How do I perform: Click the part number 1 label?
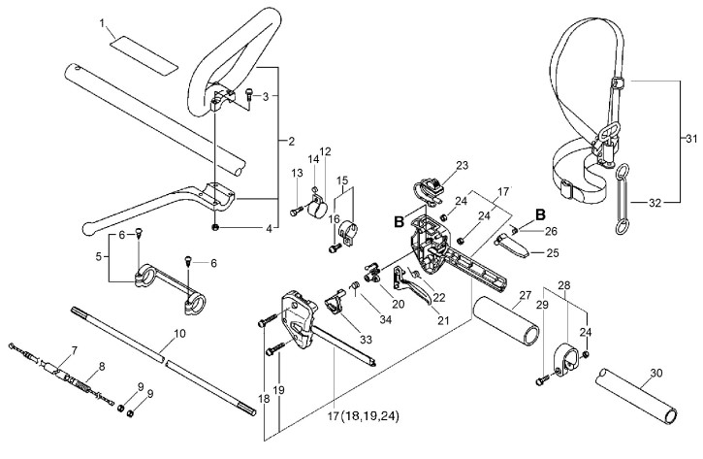(x=103, y=22)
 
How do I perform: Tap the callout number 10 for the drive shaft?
(x=178, y=334)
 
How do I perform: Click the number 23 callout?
(x=462, y=166)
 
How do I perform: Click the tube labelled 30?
(x=637, y=395)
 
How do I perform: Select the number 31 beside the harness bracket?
(x=691, y=139)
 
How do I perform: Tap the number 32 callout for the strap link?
(x=655, y=203)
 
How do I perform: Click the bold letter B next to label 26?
(x=540, y=214)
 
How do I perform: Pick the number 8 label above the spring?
(x=102, y=367)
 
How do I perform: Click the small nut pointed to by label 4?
(x=215, y=227)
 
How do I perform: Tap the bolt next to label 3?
(x=249, y=95)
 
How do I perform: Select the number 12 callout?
(x=325, y=151)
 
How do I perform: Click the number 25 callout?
(x=553, y=253)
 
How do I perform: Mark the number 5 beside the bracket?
(x=99, y=256)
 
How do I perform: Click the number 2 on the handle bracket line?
(x=292, y=142)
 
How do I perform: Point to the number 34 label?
(x=385, y=319)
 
